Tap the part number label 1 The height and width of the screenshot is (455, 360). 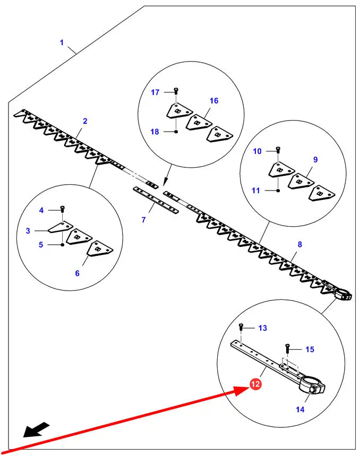click(x=62, y=42)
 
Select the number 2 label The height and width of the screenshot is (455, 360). click(x=85, y=121)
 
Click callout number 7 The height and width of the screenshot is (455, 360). click(x=143, y=219)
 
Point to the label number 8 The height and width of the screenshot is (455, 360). click(x=300, y=245)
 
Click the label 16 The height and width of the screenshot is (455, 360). click(x=214, y=100)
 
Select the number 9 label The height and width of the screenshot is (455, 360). click(x=315, y=159)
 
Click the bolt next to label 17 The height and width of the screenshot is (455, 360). click(x=175, y=92)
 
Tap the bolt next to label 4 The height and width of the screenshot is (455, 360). click(x=63, y=210)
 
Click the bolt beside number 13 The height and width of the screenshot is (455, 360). click(x=242, y=328)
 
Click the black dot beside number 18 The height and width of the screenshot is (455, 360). click(x=175, y=132)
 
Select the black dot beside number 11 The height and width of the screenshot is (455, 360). click(x=278, y=190)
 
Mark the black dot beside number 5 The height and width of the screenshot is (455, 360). click(x=63, y=245)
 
